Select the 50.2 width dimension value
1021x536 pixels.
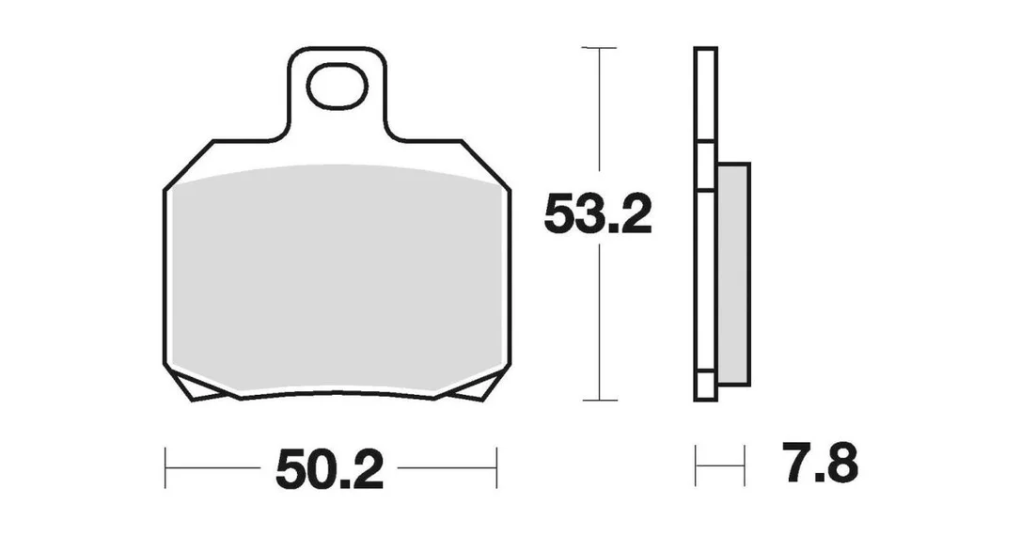[x=329, y=468]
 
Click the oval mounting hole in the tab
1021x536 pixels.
[x=337, y=86]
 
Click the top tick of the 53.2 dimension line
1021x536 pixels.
[x=599, y=48]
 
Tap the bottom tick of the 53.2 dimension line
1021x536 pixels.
[x=599, y=400]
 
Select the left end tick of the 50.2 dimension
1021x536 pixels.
[x=165, y=467]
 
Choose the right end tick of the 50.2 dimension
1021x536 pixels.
[x=496, y=467]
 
